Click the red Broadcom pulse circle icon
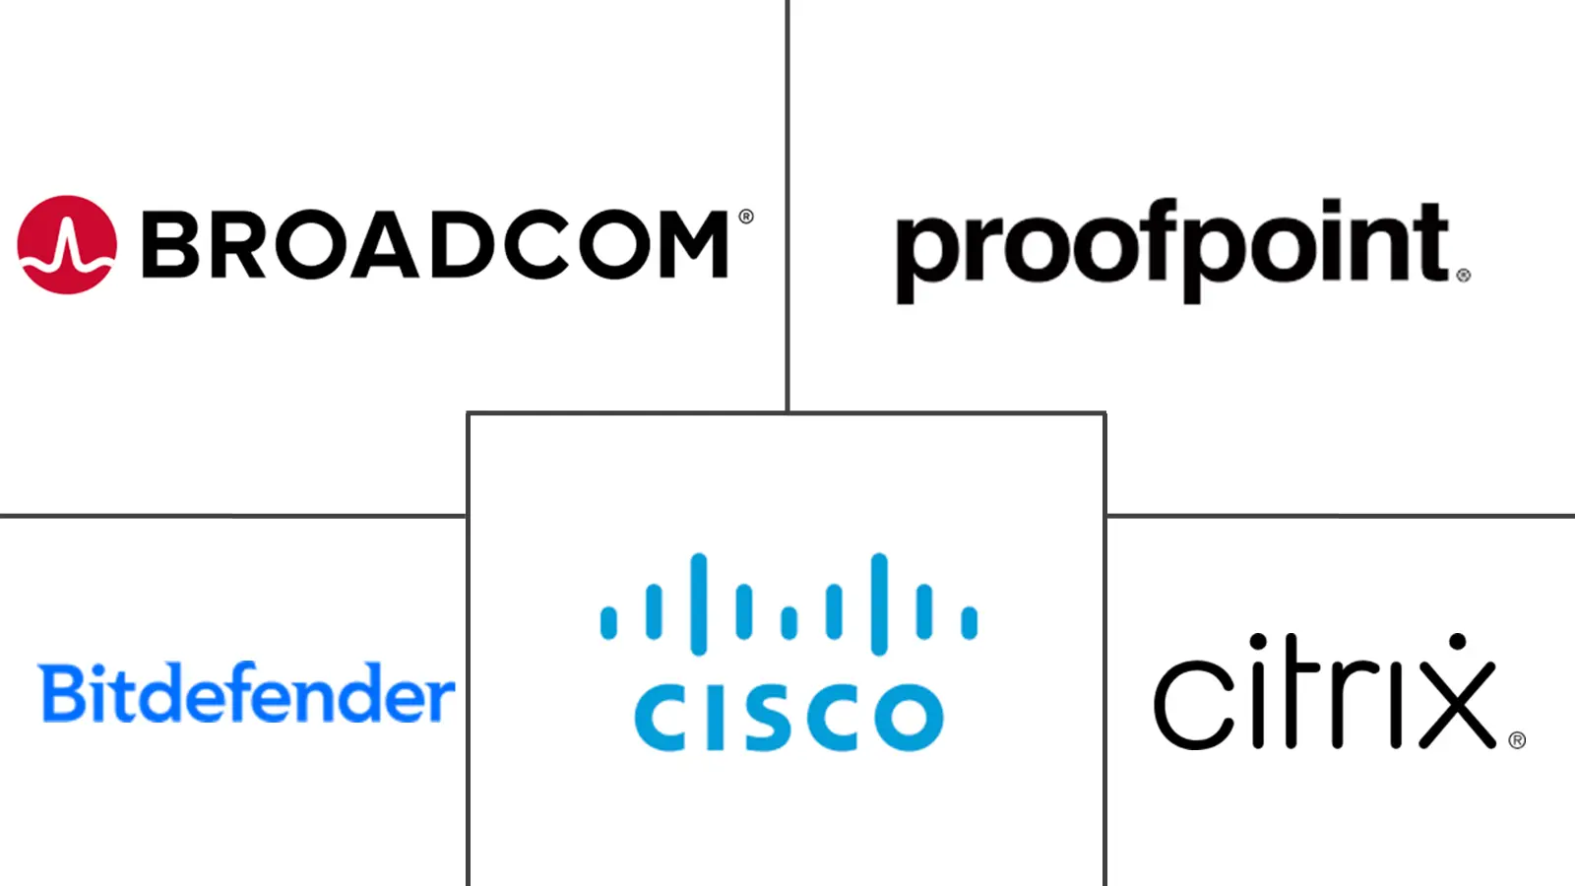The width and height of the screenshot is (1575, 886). pyautogui.click(x=67, y=244)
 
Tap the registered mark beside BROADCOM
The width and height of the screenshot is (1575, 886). pyautogui.click(x=745, y=217)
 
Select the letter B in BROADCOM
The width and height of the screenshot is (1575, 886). pyautogui.click(x=173, y=244)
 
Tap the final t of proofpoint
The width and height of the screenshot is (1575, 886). pyautogui.click(x=1430, y=242)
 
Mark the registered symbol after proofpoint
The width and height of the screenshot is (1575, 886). pyautogui.click(x=1463, y=276)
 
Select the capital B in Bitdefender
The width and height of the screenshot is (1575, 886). pyautogui.click(x=60, y=693)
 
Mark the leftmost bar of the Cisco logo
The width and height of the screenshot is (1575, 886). pyautogui.click(x=608, y=622)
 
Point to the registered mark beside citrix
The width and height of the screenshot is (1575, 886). pyautogui.click(x=1517, y=739)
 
